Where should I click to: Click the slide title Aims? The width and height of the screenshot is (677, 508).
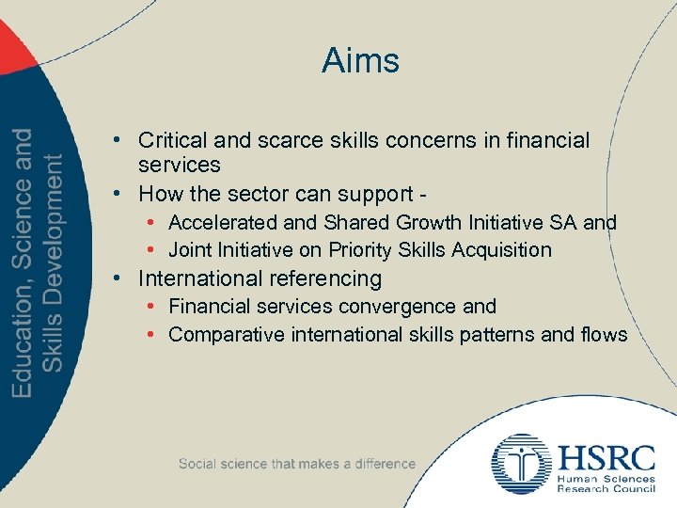360,61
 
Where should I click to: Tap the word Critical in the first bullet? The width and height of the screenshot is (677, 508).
171,141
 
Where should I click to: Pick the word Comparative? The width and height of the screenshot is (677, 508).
222,335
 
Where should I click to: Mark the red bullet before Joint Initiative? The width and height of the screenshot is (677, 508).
151,250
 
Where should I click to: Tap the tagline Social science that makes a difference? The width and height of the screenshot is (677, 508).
296,464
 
